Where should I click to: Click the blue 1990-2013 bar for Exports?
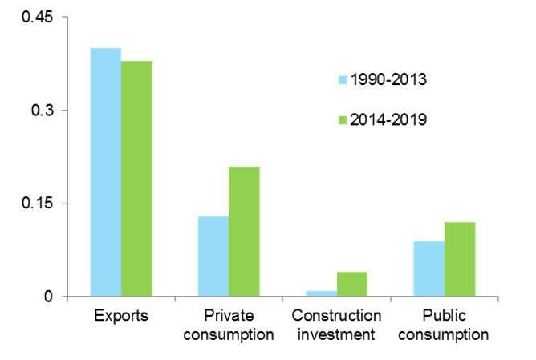pos(106,172)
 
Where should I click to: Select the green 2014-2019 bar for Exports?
pos(136,179)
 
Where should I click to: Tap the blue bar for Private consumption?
pos(213,257)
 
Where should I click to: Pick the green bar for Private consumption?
pos(244,232)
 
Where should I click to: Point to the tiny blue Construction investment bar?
pos(321,293)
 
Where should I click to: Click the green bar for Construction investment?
pos(351,284)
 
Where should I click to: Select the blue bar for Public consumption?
pos(429,269)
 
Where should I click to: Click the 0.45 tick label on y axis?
pos(39,17)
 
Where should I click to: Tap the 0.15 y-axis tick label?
pos(39,203)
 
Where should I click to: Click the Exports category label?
pos(121,315)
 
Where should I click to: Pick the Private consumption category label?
pos(229,325)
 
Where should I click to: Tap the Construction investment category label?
pos(336,325)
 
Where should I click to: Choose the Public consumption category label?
pos(445,325)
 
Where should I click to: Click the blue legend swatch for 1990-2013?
pos(343,79)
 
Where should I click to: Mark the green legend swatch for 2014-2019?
pos(343,119)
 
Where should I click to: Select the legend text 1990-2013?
pos(389,79)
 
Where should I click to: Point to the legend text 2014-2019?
pos(389,119)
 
